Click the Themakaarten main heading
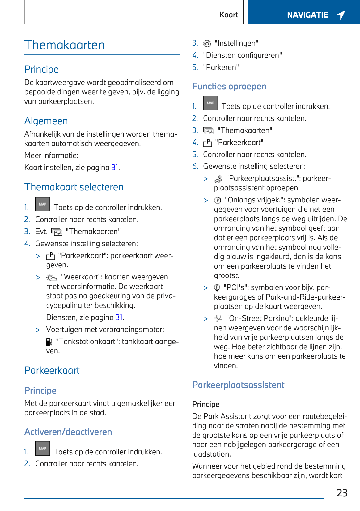65,45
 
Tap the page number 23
342,493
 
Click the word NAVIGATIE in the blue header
307,15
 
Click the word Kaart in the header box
229,15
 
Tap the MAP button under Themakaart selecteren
43,204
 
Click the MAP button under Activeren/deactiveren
43,449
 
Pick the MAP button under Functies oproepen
210,103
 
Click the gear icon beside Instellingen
207,44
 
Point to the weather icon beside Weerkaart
52,277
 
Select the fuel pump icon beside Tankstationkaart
49,342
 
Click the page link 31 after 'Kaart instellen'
115,168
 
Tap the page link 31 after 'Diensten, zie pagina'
119,317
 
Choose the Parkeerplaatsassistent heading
238,385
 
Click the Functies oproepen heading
229,86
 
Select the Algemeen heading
46,121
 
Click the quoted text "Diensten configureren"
242,55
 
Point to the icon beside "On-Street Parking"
218,318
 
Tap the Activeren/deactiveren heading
68,432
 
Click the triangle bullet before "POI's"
205,288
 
